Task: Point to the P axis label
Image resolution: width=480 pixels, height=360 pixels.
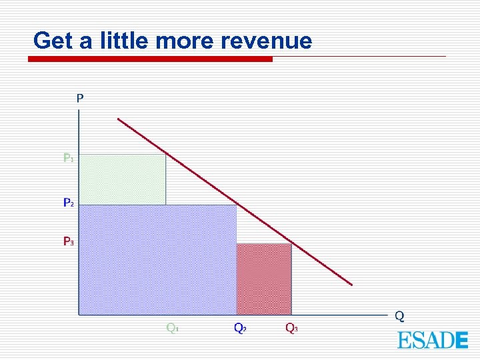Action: click(x=80, y=98)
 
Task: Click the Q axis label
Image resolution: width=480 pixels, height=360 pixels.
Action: click(x=399, y=315)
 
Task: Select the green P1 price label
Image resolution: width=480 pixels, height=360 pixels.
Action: click(x=69, y=158)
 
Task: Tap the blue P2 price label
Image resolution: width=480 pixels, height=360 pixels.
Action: click(x=69, y=202)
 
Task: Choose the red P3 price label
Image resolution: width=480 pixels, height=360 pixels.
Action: click(x=69, y=241)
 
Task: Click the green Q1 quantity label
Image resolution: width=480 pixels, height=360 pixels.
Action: click(x=172, y=327)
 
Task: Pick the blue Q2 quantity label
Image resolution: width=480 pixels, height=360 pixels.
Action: click(x=240, y=327)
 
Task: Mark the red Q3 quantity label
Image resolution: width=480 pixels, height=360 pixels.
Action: click(x=292, y=327)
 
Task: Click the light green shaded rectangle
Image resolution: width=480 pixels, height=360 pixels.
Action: click(x=122, y=179)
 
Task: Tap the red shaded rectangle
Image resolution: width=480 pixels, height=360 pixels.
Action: click(x=264, y=279)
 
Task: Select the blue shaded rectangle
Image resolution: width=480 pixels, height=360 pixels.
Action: click(x=157, y=259)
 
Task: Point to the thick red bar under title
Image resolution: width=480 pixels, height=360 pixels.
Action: click(x=150, y=59)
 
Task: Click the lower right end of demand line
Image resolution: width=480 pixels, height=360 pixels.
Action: click(x=351, y=284)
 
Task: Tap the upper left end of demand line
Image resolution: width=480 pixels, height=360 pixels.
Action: click(x=119, y=119)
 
